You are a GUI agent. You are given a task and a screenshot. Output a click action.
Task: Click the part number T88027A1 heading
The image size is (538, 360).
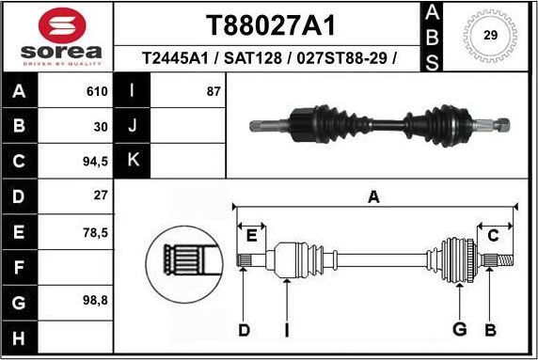(x=270, y=24)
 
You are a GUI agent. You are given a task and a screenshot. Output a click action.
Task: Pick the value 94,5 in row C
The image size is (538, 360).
(x=94, y=160)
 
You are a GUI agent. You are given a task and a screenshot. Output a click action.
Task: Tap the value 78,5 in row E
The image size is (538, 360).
(x=94, y=231)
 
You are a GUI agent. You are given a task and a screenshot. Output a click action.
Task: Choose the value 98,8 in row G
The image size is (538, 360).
(x=94, y=302)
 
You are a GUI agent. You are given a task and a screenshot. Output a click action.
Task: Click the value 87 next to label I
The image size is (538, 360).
(x=213, y=91)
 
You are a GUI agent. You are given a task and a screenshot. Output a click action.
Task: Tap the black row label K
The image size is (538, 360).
(x=133, y=160)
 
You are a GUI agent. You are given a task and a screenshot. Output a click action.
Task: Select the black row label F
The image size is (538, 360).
(x=19, y=267)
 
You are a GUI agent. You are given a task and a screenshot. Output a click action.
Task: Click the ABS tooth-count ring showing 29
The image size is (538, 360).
(x=490, y=36)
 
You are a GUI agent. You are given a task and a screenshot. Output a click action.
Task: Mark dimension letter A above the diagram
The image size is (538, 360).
(x=373, y=197)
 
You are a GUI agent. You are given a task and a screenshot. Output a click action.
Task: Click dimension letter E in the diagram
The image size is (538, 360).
(x=251, y=234)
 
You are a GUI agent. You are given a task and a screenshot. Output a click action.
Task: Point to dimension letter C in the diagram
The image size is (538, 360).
(x=492, y=234)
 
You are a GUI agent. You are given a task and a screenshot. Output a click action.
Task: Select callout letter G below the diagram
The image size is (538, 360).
(x=460, y=328)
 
